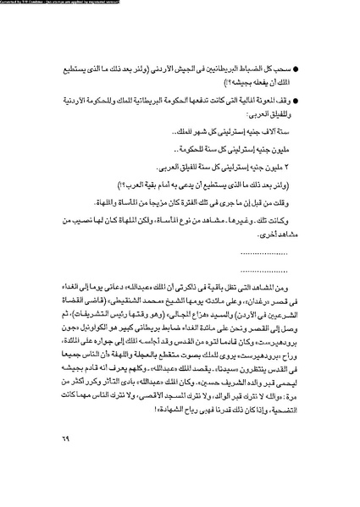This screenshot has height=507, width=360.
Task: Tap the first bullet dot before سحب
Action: [307, 65]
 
